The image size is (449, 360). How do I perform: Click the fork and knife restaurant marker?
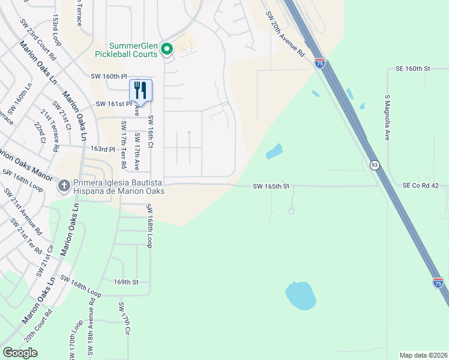pos(140,91)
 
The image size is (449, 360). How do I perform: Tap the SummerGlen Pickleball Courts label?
pos(133,50)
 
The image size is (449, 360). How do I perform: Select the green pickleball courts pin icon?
pos(167,50)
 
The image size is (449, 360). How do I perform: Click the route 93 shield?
pos(374,164)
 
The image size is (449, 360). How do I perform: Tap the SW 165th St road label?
pos(271,187)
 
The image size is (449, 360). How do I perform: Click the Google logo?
pos(20,352)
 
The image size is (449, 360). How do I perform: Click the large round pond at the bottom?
pos(300,295)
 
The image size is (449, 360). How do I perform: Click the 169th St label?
pos(126,281)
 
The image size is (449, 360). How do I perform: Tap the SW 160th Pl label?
pos(109,77)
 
